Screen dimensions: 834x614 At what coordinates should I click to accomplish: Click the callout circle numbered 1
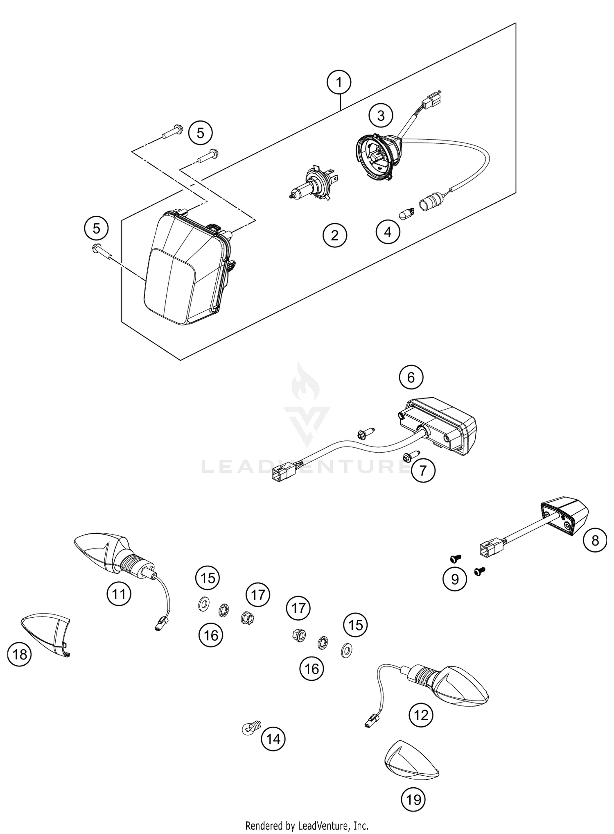coord(339,83)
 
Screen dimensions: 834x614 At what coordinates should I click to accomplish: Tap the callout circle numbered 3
coord(381,116)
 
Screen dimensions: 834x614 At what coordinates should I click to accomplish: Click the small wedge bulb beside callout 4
coord(407,213)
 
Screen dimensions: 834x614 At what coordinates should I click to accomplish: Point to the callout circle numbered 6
coord(411,377)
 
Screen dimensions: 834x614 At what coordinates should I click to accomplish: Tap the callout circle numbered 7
coord(423,470)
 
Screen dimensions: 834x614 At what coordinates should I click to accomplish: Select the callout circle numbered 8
coord(595,540)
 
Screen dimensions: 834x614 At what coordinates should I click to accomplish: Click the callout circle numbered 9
coord(454,579)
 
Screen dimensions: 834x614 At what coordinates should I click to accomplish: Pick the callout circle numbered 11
coord(119,594)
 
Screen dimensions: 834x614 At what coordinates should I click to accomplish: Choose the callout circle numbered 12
coord(421,716)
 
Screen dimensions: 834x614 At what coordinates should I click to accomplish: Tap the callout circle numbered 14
coord(273,739)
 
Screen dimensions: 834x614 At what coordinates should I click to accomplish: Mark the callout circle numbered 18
coord(20,655)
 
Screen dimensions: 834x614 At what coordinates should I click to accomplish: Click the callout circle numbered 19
coord(413,799)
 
